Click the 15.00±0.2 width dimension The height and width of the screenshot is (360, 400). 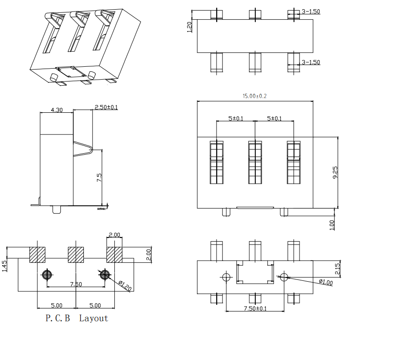coord(255,96)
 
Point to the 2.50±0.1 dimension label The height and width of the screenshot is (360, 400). coord(106,107)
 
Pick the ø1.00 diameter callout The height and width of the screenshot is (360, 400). coord(325,282)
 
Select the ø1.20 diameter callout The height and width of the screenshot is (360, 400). coord(125,285)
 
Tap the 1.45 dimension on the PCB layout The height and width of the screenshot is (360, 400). coord(5,266)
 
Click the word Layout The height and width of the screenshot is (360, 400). coord(94,318)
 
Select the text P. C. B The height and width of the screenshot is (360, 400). coord(58,318)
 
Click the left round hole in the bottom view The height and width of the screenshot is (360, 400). coord(226,277)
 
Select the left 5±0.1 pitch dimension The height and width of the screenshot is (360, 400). coord(236,118)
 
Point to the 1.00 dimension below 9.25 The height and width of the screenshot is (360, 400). coord(333,224)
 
